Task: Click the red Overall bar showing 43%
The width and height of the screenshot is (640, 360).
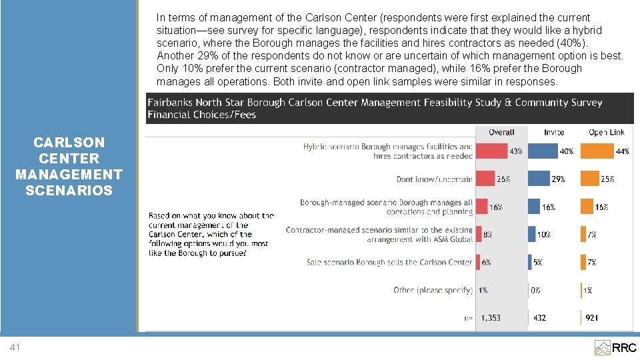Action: tap(492, 151)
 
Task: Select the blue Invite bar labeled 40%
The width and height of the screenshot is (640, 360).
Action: tap(543, 151)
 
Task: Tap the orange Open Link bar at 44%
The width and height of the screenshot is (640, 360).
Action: tap(597, 151)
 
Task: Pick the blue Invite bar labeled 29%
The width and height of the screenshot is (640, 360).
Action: tap(539, 179)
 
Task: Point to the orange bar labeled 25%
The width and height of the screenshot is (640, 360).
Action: tap(590, 179)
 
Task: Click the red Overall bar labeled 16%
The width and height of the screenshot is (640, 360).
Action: tap(481, 207)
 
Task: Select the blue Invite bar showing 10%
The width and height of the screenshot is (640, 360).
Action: tap(532, 234)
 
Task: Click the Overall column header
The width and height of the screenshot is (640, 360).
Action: tap(501, 132)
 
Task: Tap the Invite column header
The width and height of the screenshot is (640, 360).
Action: tap(554, 132)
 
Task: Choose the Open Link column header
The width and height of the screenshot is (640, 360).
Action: tap(607, 132)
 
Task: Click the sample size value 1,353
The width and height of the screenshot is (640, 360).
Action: tap(491, 318)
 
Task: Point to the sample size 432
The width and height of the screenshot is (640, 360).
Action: tap(539, 318)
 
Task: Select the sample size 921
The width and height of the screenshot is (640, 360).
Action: tap(592, 318)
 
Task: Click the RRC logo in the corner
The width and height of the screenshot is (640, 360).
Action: tap(615, 348)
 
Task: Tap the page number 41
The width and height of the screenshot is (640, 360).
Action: tap(15, 347)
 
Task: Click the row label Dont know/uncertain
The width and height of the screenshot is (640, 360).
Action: tap(434, 179)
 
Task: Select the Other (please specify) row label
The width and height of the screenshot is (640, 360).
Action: tap(433, 290)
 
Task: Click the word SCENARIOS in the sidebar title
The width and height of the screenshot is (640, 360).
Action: tap(69, 190)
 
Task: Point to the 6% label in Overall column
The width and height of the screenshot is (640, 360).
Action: tap(486, 263)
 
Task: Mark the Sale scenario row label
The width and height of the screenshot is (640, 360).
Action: tap(389, 263)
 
